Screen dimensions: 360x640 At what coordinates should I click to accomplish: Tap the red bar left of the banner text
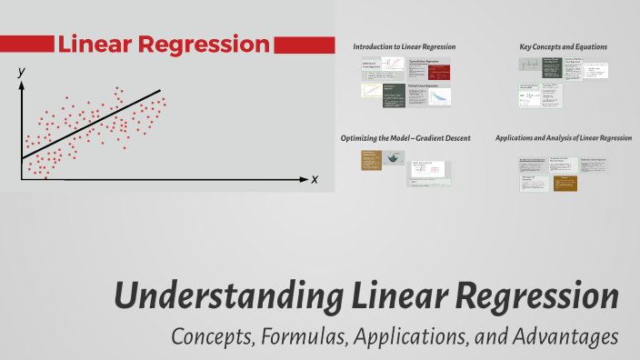pos(26,44)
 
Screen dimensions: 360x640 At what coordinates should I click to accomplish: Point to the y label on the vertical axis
pos(20,69)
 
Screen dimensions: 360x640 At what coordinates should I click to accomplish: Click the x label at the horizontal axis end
pos(315,179)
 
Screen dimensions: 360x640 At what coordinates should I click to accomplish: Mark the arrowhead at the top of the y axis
pos(21,84)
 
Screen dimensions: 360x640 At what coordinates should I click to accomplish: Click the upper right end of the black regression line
pos(160,91)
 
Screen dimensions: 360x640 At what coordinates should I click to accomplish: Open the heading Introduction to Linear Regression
pos(404,46)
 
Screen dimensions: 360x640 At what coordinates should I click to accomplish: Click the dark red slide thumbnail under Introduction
pos(430,68)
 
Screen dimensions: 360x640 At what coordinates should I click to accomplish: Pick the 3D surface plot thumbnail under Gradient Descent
pos(394,157)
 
